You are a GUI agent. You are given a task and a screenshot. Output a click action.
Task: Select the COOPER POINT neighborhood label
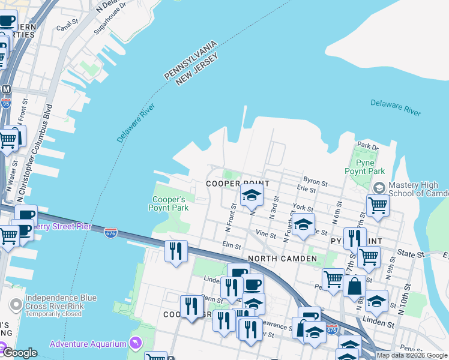click(238, 183)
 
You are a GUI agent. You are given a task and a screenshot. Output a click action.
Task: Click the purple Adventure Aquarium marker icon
click(136, 343)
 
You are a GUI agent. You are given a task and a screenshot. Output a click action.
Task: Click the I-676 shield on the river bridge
click(110, 232)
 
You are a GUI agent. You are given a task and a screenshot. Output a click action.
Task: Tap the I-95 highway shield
click(6, 104)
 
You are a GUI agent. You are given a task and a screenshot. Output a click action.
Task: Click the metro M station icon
click(6, 89)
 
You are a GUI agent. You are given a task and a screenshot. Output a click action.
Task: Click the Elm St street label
click(231, 245)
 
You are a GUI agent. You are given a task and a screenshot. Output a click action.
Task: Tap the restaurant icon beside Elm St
click(176, 250)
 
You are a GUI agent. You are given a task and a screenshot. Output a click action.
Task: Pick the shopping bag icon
click(355, 286)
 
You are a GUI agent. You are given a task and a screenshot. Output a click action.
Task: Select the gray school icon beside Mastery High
click(379, 188)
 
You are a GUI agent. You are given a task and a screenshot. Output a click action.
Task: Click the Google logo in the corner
click(19, 352)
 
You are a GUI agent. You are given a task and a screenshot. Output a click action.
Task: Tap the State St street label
click(413, 255)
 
